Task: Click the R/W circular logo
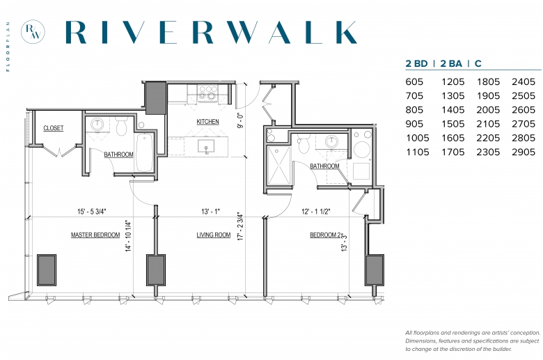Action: (x=33, y=31)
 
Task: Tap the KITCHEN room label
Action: (x=207, y=122)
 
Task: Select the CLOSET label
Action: (x=54, y=128)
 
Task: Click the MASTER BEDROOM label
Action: (x=95, y=235)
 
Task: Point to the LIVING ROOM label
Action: (x=213, y=235)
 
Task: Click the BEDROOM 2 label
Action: (x=325, y=235)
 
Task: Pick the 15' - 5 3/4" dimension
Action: (x=91, y=212)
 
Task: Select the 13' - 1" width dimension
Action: (x=210, y=212)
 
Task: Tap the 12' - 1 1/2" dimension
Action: (x=316, y=212)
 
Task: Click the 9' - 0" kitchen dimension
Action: (x=240, y=120)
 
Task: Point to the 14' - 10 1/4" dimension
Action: (x=129, y=235)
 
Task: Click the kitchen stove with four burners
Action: (x=207, y=93)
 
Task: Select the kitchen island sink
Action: (x=206, y=146)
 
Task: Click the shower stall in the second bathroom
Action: (x=278, y=166)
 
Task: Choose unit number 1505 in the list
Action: (x=453, y=124)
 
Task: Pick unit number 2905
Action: (x=524, y=152)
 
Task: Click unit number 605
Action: (x=414, y=81)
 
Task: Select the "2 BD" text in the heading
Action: (x=416, y=63)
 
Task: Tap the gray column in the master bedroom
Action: (x=47, y=270)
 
